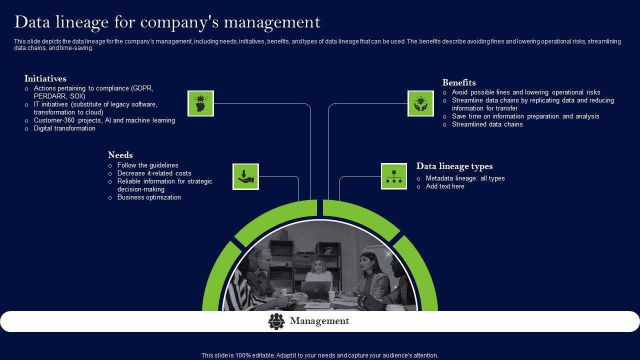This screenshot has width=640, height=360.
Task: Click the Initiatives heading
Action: (x=45, y=78)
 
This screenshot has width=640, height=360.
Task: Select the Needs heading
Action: (x=120, y=155)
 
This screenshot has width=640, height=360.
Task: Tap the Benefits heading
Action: (x=459, y=82)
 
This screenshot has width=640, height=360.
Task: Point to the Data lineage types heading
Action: (x=454, y=166)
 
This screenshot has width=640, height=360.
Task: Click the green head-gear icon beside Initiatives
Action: (x=200, y=103)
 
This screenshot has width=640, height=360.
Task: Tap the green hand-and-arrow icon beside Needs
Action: (x=245, y=176)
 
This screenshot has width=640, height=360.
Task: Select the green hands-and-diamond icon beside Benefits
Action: (x=420, y=103)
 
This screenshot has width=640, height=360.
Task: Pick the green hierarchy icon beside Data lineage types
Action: (x=394, y=176)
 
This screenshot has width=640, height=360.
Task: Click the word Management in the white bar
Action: (x=319, y=321)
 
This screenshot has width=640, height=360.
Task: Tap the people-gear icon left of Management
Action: (x=276, y=321)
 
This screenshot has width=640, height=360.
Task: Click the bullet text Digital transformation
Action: (x=64, y=128)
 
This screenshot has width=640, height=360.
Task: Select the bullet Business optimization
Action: (x=149, y=197)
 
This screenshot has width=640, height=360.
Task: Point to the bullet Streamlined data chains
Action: (x=487, y=124)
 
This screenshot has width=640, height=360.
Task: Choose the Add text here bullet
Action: (x=445, y=186)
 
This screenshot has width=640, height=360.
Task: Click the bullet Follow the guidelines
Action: (x=147, y=165)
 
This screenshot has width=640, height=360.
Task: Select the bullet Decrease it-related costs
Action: (x=154, y=173)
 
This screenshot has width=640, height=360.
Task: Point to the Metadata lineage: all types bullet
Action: (x=465, y=178)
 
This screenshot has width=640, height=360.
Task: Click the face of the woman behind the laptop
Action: (x=318, y=264)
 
